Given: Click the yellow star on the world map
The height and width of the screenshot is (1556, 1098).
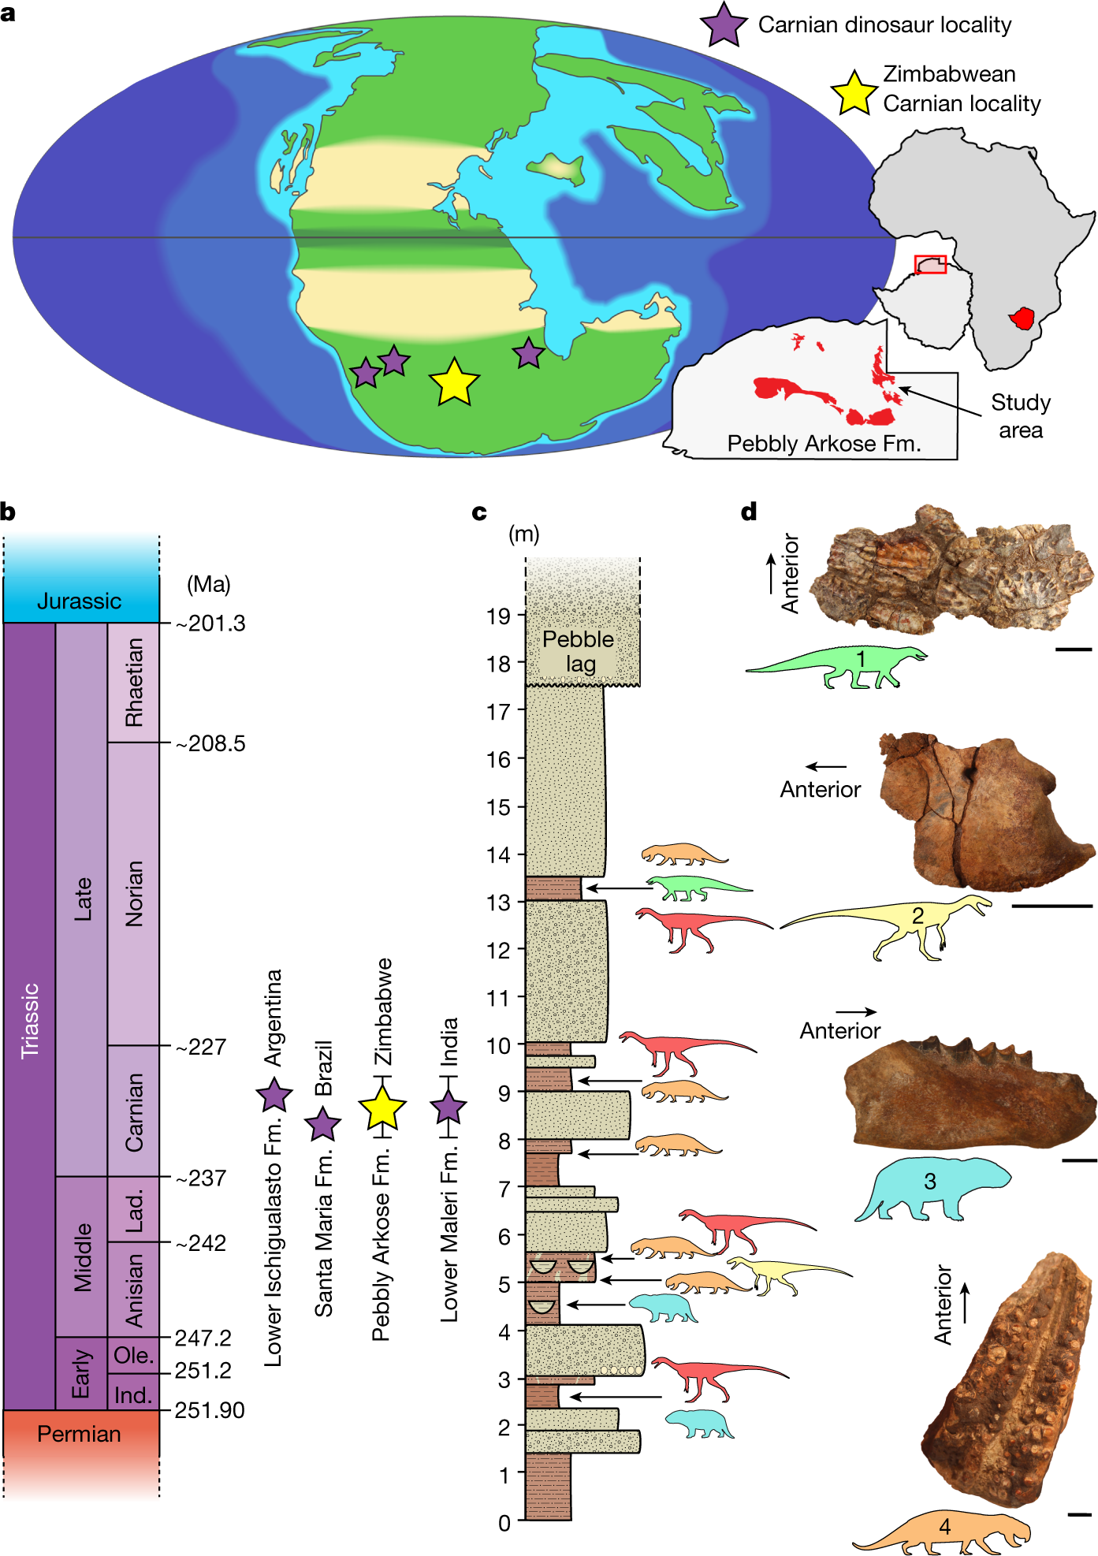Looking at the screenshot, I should [x=454, y=383].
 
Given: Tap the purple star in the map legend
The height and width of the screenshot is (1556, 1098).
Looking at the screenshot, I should [x=724, y=25].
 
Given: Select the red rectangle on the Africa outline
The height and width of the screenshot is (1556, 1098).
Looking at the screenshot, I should [x=930, y=264].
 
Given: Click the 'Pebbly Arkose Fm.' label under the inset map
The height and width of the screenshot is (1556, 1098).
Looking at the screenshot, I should [x=824, y=444].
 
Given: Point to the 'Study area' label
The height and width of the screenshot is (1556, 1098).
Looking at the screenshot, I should [x=1021, y=416].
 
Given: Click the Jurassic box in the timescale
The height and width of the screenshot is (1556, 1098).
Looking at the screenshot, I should [x=80, y=601].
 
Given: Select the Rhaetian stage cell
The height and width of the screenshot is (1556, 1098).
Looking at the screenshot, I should [x=134, y=683].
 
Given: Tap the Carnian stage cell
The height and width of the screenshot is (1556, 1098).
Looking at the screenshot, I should [x=134, y=1111].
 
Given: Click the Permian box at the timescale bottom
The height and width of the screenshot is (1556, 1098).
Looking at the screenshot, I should [x=80, y=1434].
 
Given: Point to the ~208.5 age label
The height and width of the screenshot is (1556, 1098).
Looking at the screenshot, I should [x=210, y=743].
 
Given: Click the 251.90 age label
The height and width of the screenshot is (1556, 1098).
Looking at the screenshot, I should [x=210, y=1410].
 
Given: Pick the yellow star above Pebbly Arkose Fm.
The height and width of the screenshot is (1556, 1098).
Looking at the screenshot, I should [x=382, y=1107].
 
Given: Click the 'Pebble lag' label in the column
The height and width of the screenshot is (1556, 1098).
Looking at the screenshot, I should [x=579, y=651].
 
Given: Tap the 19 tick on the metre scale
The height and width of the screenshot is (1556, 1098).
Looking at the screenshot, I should [x=499, y=616].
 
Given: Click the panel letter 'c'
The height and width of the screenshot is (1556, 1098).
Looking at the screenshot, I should [x=479, y=513].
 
